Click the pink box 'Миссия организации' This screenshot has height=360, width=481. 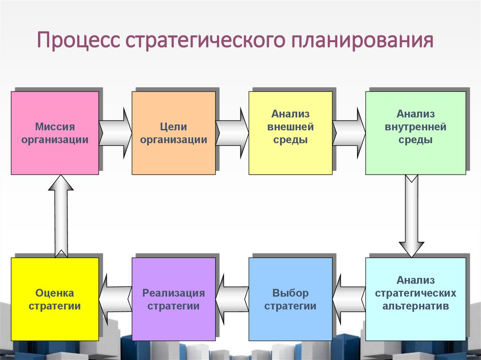(x=55, y=133)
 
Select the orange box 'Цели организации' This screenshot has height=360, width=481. (x=173, y=133)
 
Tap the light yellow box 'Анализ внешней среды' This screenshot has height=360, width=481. (x=290, y=133)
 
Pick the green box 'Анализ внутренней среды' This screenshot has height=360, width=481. (x=415, y=133)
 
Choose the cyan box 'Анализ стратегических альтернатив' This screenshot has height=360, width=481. (x=415, y=299)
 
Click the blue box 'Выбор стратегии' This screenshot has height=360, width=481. (x=290, y=299)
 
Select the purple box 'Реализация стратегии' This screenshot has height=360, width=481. (x=173, y=299)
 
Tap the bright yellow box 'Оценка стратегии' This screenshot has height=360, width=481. (x=55, y=299)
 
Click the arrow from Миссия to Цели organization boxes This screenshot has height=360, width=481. (x=116, y=133)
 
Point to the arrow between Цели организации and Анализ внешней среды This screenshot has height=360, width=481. (x=232, y=133)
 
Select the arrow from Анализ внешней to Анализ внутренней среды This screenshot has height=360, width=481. (x=349, y=133)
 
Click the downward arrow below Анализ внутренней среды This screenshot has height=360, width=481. (x=411, y=216)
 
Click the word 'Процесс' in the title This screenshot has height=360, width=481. (x=78, y=41)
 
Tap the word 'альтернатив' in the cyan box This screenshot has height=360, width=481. (x=415, y=306)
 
